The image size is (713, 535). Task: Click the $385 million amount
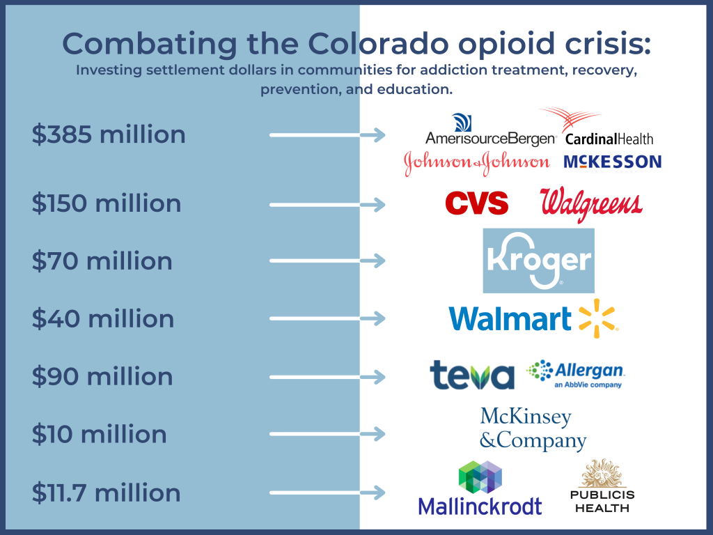[109, 134]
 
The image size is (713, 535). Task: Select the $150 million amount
[107, 203]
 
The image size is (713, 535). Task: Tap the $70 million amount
[102, 261]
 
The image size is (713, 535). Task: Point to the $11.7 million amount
[107, 493]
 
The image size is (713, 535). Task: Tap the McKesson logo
[612, 162]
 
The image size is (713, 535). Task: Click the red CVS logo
[477, 203]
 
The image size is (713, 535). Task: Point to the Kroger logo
[539, 261]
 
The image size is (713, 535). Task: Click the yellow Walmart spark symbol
[597, 318]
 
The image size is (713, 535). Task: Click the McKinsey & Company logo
[533, 429]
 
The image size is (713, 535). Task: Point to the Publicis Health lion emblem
[599, 474]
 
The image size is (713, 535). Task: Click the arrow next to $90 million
[327, 377]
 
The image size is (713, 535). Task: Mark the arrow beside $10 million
[327, 435]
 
